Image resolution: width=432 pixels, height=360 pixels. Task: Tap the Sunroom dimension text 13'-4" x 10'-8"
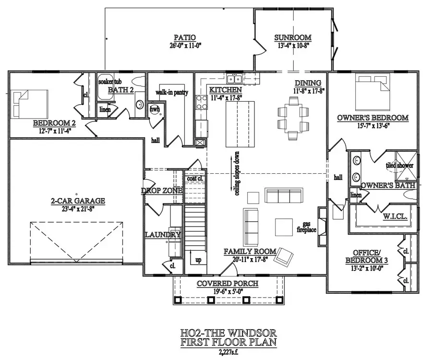pos(292,46)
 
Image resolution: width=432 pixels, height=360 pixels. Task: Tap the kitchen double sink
pos(234,79)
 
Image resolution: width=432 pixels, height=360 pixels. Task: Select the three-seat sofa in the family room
pos(284,195)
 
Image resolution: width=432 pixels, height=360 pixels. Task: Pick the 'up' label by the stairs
pos(198,260)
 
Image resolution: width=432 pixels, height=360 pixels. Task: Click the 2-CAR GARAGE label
pos(77,201)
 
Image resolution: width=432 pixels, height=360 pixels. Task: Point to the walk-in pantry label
pos(171,92)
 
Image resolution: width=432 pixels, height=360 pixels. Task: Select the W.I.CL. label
pos(396,216)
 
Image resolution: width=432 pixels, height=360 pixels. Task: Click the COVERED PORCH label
pos(228,284)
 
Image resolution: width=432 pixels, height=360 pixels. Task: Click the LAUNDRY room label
pos(163,235)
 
